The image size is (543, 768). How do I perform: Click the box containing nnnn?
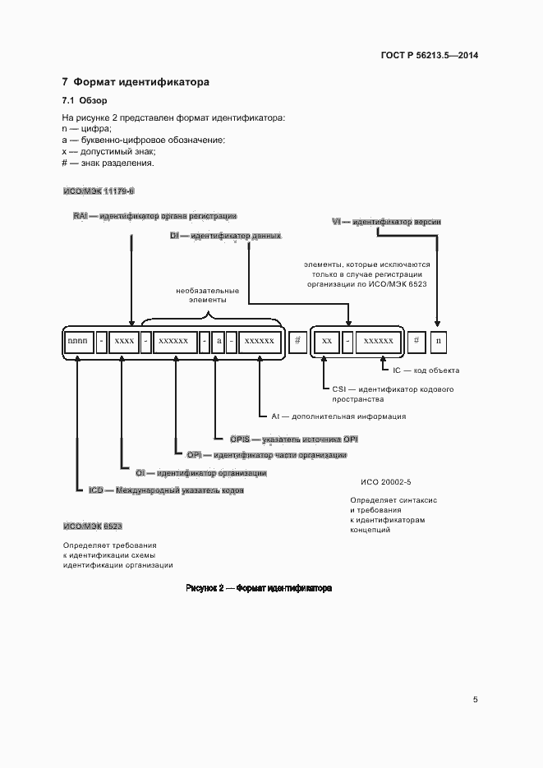click(x=78, y=340)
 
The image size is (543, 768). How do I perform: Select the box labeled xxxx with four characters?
click(x=124, y=340)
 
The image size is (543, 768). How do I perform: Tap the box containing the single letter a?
click(x=219, y=340)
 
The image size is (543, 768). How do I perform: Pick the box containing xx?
click(x=326, y=340)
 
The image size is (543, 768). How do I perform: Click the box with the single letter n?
click(x=439, y=340)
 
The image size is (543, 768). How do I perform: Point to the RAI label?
click(x=81, y=216)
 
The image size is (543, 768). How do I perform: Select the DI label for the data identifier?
click(x=174, y=236)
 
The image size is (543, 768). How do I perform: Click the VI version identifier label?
click(x=336, y=222)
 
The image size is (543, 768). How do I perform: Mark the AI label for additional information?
click(x=276, y=416)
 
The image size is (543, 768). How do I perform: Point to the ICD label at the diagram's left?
click(x=96, y=490)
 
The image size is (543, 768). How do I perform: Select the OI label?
click(x=140, y=473)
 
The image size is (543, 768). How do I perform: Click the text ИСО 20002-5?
click(x=385, y=482)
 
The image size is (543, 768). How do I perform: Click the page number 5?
click(x=475, y=700)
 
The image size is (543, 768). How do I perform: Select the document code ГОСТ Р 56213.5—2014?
click(x=430, y=56)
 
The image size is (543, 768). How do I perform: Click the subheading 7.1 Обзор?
click(x=80, y=101)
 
